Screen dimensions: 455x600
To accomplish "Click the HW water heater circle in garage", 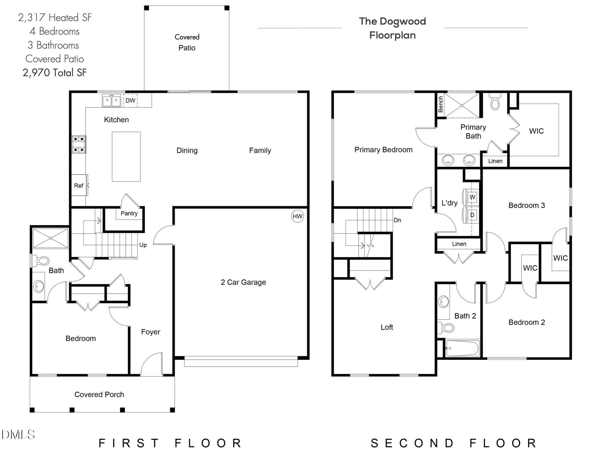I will pos(297,216).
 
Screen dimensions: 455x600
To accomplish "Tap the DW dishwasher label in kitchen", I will pos(130,100).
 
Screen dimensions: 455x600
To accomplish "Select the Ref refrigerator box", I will pos(79,186).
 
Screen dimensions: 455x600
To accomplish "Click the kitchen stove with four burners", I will pos(79,144).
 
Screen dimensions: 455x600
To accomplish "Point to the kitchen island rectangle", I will pos(126,157).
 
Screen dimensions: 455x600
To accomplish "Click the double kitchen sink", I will pos(111,100).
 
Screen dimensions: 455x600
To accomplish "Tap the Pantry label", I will pos(129,213).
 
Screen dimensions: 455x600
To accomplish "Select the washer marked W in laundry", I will pos(472,197).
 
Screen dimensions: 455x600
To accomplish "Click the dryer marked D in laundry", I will pos(472,215).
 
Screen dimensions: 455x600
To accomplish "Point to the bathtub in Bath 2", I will pos(462,348).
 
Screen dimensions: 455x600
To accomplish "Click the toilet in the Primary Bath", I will pos(495,102).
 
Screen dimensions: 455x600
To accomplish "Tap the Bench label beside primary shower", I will pos(441,104).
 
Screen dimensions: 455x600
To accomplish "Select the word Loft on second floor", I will pos(387,327).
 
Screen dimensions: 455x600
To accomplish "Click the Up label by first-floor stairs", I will pos(143,245).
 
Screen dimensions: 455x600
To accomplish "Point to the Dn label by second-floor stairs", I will pos(397,220).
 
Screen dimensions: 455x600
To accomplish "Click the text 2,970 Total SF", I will pos(55,73).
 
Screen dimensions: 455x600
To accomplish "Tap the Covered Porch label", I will pos(99,395).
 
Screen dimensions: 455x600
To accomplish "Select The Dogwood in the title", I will pos(392,21).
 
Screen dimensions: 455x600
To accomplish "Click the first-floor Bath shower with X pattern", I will pos(51,238).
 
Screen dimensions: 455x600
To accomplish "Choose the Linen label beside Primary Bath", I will pos(495,161).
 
